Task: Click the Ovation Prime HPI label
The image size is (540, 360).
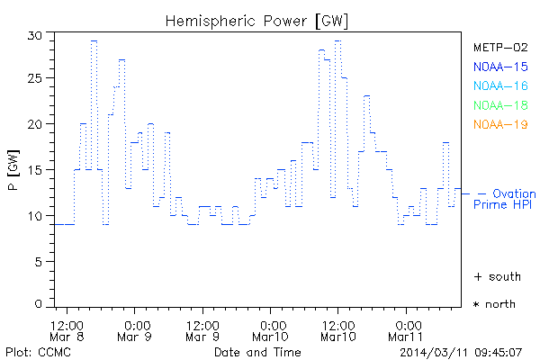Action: (506, 199)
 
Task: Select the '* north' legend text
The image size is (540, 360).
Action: (494, 304)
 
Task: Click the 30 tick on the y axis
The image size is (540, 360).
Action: (35, 36)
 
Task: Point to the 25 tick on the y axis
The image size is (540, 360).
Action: (35, 79)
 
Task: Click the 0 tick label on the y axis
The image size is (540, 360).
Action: (39, 306)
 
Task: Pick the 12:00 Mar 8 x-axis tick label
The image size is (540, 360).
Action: (67, 330)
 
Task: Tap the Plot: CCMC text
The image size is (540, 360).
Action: (31, 350)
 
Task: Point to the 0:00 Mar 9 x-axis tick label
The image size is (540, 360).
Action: (137, 330)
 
